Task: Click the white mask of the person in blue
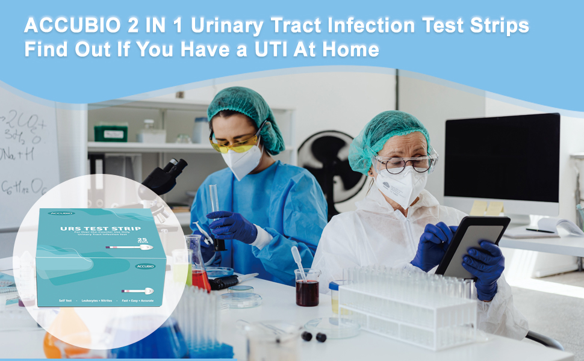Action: [x=241, y=162]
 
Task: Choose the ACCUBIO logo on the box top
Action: [x=61, y=213]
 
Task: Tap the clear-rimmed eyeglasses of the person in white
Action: [x=405, y=162]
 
